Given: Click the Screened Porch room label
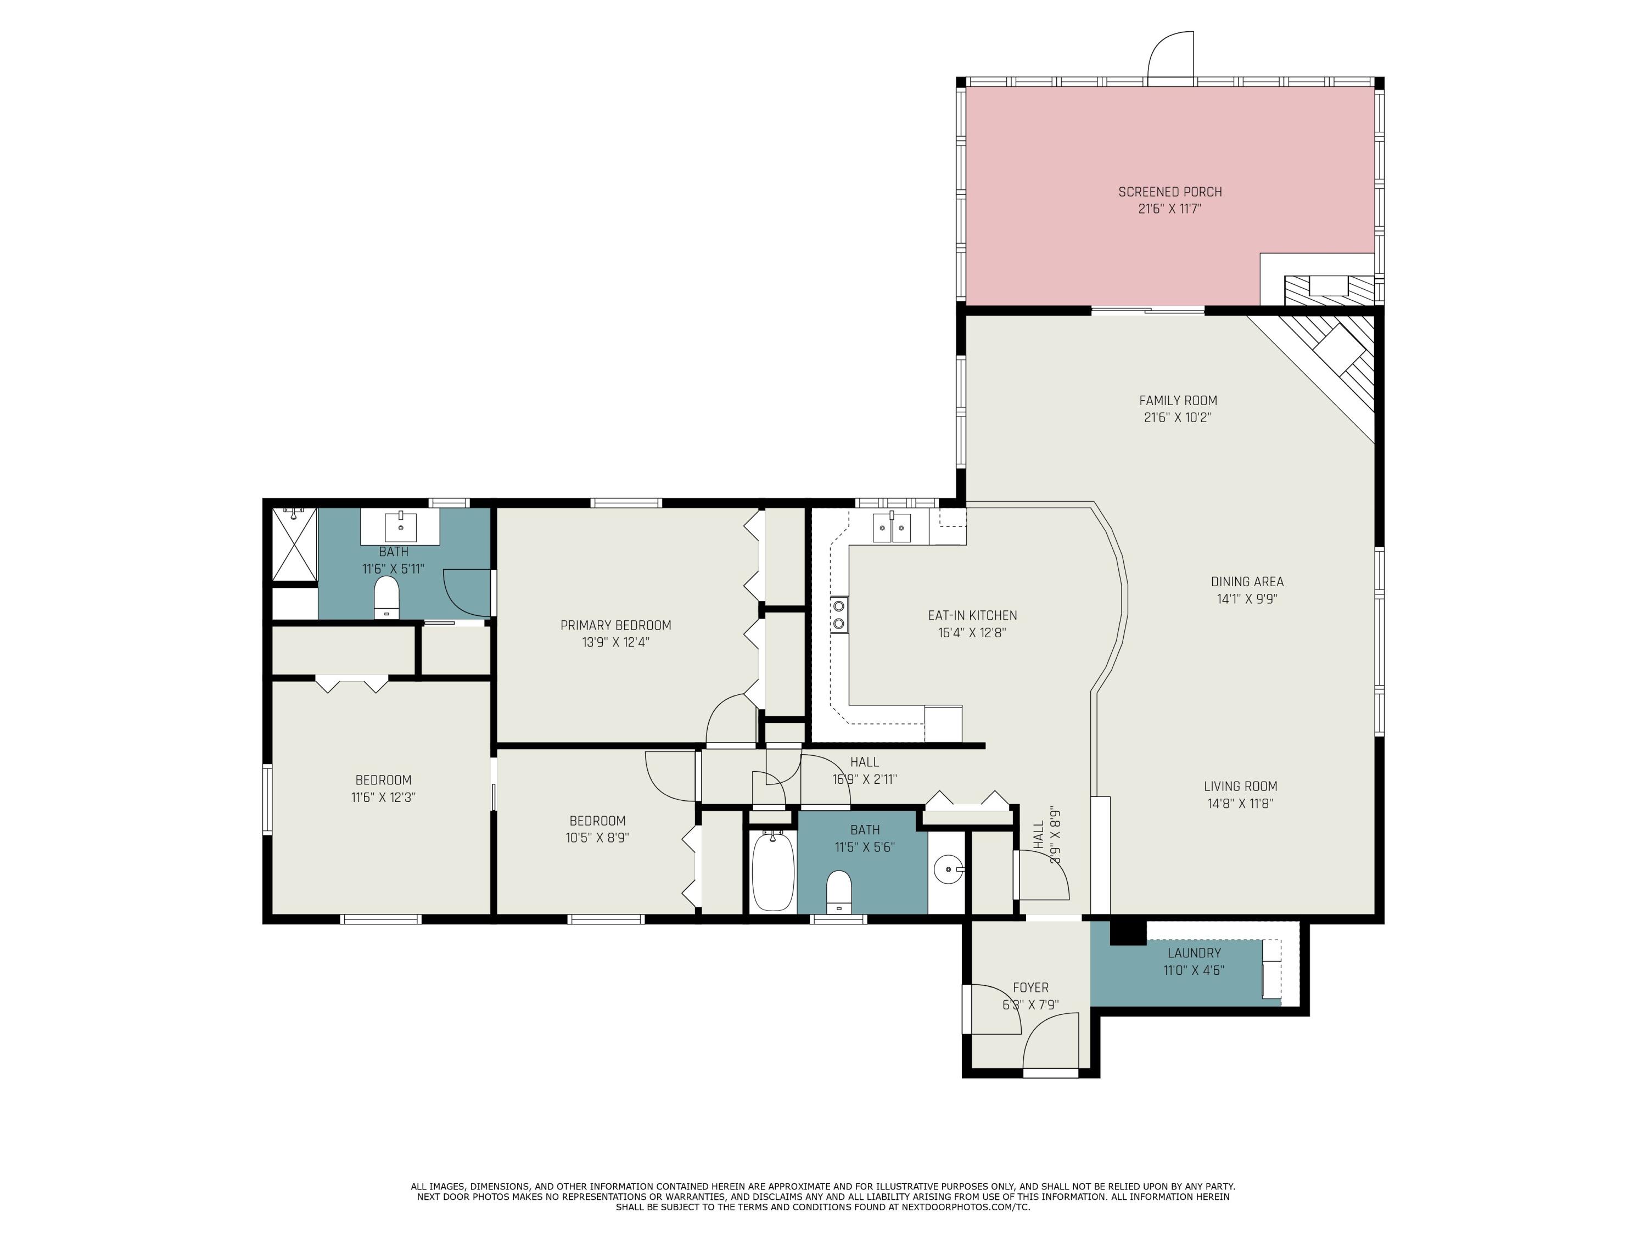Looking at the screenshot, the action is point(1170,192).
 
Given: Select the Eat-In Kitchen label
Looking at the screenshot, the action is point(972,616).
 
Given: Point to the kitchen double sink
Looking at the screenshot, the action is point(891,528).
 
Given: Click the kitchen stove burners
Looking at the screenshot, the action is point(839,614).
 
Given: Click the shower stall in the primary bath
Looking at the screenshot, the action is point(294,544).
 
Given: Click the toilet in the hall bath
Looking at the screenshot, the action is point(839,891).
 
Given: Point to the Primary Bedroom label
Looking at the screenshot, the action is point(616,625).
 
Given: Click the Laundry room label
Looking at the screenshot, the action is point(1194,953).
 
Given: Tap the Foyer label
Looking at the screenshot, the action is point(1030,988).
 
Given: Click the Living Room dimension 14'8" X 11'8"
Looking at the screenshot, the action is point(1240,803).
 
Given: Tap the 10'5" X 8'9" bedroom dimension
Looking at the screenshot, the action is point(597,838).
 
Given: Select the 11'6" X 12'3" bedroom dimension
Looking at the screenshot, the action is point(383,798).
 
